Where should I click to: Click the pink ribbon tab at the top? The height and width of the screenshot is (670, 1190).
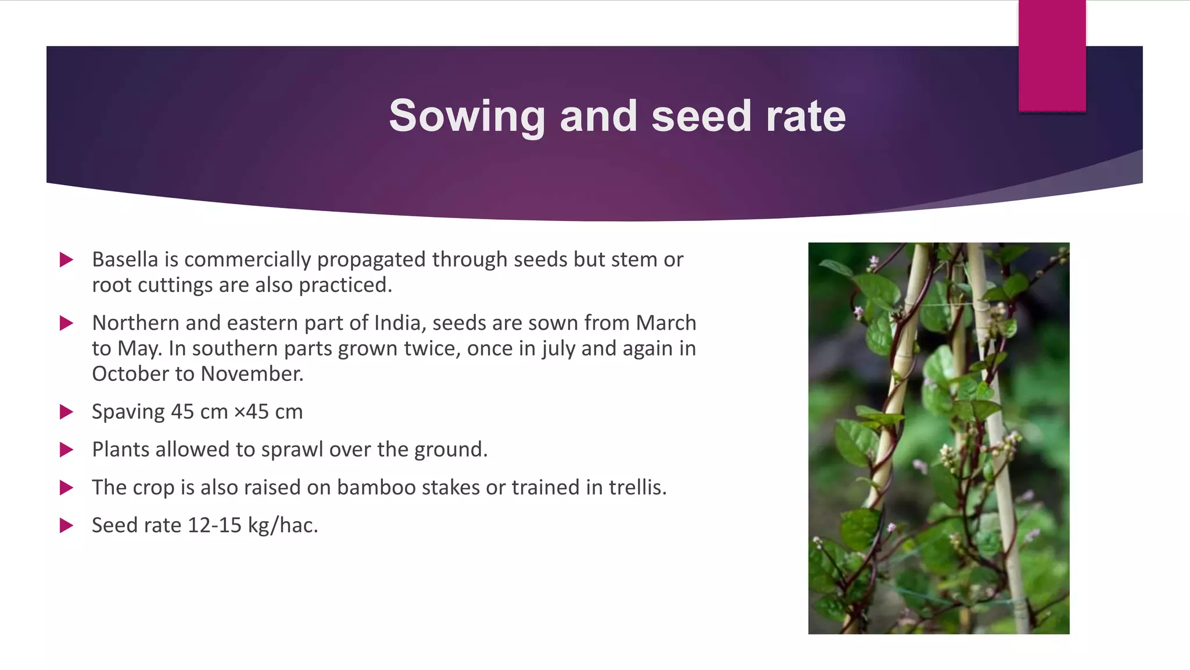[x=1052, y=55]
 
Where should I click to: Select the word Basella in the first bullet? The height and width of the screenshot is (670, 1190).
[x=125, y=259]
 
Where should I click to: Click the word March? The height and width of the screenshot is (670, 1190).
[x=666, y=323]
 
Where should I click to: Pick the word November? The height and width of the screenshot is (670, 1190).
[x=252, y=373]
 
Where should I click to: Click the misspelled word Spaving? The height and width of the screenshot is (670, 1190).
[x=128, y=412]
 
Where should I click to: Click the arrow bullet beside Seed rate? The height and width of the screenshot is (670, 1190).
[x=66, y=526]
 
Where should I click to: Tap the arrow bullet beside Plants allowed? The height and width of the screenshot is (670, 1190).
[x=66, y=450]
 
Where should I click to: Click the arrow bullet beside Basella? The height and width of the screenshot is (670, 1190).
[x=66, y=259]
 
